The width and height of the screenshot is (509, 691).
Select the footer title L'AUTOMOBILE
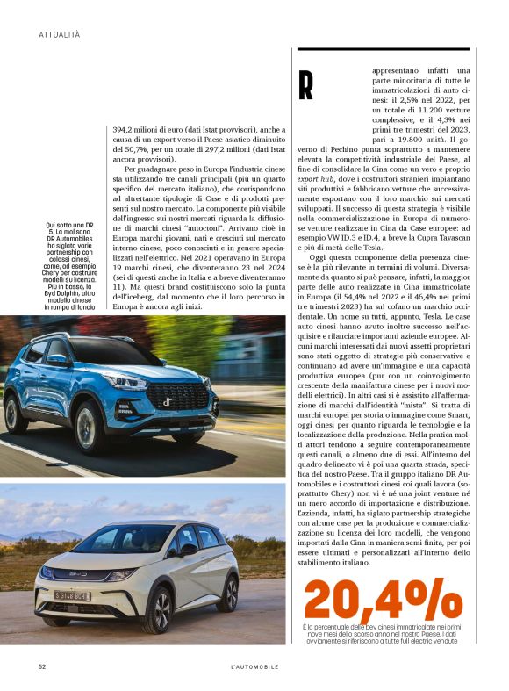pos(254,666)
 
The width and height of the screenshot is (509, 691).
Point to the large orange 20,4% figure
pos(383,601)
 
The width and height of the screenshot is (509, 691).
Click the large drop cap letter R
pos(305,84)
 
